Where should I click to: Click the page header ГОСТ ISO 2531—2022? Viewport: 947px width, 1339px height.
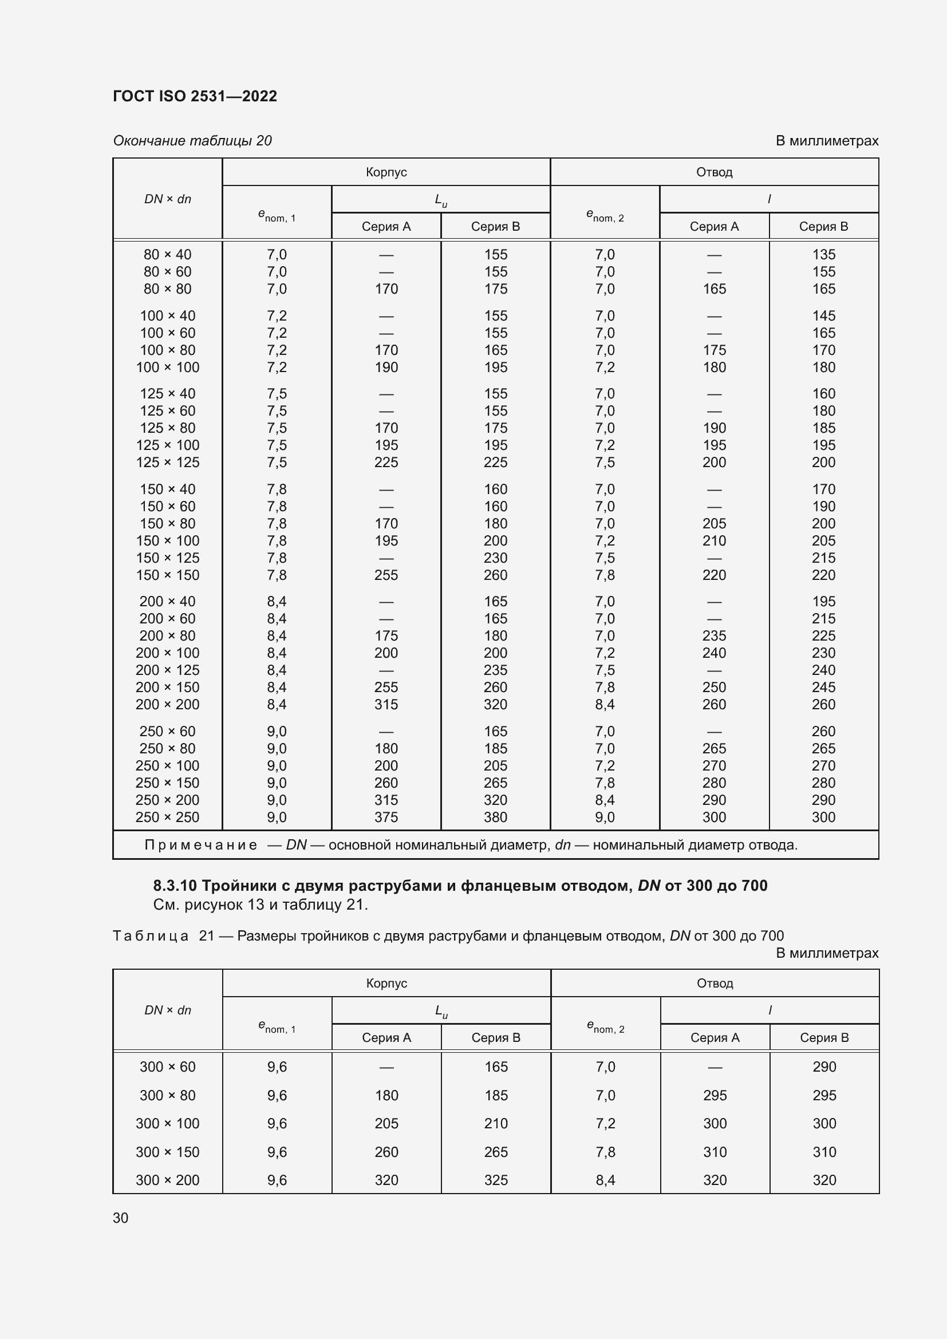[x=195, y=96]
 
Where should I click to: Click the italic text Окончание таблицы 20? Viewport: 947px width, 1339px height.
[x=192, y=141]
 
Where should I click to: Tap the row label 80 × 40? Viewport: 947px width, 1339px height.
[x=167, y=255]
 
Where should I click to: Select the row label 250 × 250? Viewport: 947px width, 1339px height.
[x=167, y=817]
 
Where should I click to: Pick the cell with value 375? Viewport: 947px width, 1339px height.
[x=386, y=817]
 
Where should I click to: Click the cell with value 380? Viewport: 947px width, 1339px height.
[x=495, y=817]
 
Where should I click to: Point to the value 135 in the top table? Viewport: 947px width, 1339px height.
[x=823, y=255]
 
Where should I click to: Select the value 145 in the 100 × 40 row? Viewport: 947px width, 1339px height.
[x=823, y=316]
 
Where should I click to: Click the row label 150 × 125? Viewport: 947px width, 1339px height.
[x=167, y=558]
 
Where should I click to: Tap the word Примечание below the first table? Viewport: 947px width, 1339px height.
[x=200, y=845]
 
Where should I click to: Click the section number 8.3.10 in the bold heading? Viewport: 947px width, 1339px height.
[x=175, y=886]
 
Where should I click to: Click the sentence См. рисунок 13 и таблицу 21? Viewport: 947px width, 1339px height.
[x=261, y=904]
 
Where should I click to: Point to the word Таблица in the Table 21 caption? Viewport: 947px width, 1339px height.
[x=151, y=936]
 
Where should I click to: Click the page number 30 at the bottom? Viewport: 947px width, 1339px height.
[x=120, y=1218]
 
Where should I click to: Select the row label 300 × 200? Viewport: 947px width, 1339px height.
[x=167, y=1180]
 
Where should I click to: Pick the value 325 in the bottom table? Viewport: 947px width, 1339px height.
[x=496, y=1180]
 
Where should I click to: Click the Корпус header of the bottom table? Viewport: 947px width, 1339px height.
[x=386, y=983]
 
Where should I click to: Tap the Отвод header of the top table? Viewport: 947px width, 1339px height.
[x=714, y=172]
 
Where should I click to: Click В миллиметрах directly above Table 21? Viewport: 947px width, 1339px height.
[x=827, y=953]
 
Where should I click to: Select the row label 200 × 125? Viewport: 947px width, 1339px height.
[x=167, y=670]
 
